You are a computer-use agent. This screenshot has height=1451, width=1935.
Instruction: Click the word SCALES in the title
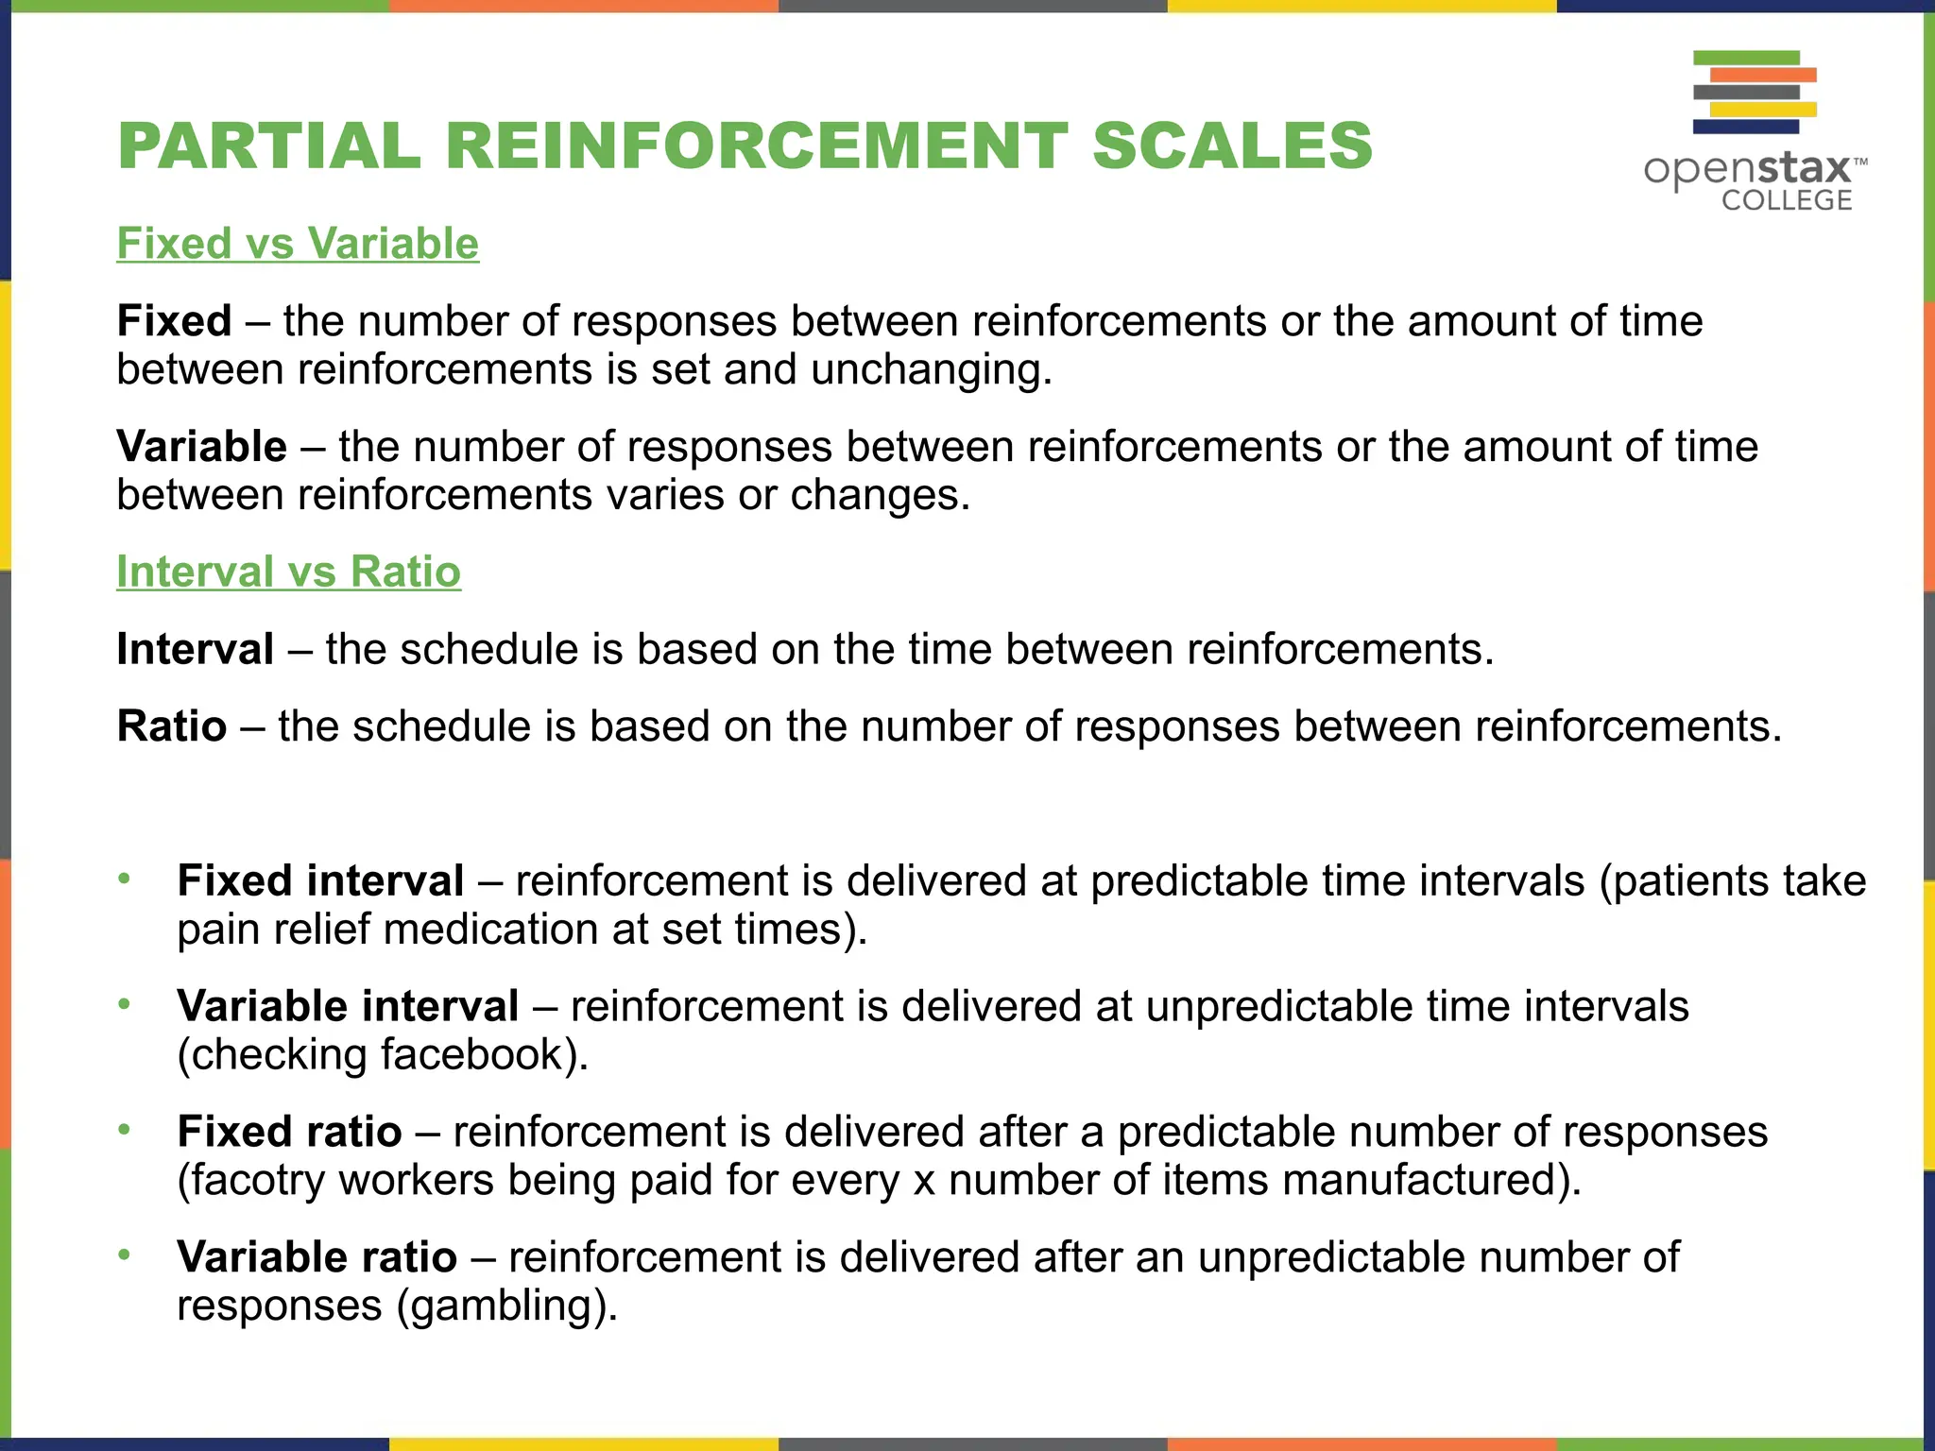click(x=1231, y=146)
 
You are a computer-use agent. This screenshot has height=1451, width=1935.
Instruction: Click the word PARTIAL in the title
click(x=269, y=146)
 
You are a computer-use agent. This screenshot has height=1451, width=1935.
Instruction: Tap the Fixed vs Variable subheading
click(x=298, y=244)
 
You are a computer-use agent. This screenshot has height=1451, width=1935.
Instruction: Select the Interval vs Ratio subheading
click(x=288, y=572)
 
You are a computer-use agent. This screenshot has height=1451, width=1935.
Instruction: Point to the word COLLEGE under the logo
click(x=1787, y=200)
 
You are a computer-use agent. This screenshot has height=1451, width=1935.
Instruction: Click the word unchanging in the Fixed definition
click(x=931, y=369)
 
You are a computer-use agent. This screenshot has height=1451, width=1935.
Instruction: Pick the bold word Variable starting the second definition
click(x=201, y=447)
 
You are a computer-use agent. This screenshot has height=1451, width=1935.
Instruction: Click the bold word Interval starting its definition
click(x=196, y=650)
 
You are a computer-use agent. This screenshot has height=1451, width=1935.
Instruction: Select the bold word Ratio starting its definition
click(x=172, y=726)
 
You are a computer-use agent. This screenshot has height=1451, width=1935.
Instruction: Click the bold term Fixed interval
click(x=320, y=881)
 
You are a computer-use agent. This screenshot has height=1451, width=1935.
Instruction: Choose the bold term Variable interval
click(x=348, y=1006)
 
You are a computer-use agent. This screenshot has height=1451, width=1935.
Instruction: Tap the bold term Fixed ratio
click(x=289, y=1132)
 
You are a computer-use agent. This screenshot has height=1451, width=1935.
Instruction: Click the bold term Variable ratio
click(x=317, y=1257)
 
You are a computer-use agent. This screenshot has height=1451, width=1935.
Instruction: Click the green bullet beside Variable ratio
click(x=124, y=1255)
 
